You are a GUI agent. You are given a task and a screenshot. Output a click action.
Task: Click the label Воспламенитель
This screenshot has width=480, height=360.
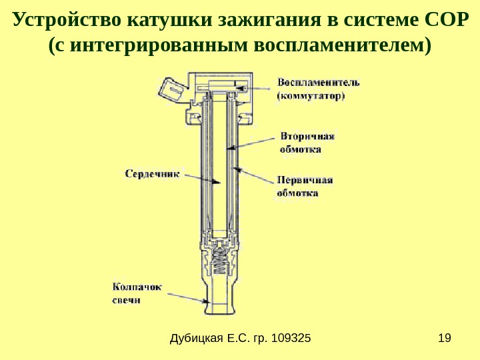click(x=319, y=83)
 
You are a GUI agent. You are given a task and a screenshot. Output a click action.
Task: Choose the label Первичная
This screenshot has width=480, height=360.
click(x=305, y=180)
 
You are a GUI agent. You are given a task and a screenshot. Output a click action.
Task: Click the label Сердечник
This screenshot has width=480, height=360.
click(x=153, y=173)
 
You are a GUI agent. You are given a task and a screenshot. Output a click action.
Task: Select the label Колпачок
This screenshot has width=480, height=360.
click(x=137, y=288)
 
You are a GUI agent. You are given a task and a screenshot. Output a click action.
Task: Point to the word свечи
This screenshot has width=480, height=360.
click(x=127, y=301)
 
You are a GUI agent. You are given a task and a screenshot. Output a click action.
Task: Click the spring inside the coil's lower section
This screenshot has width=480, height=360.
click(x=219, y=263)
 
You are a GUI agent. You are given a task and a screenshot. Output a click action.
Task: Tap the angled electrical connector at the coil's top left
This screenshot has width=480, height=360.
click(x=169, y=89)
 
